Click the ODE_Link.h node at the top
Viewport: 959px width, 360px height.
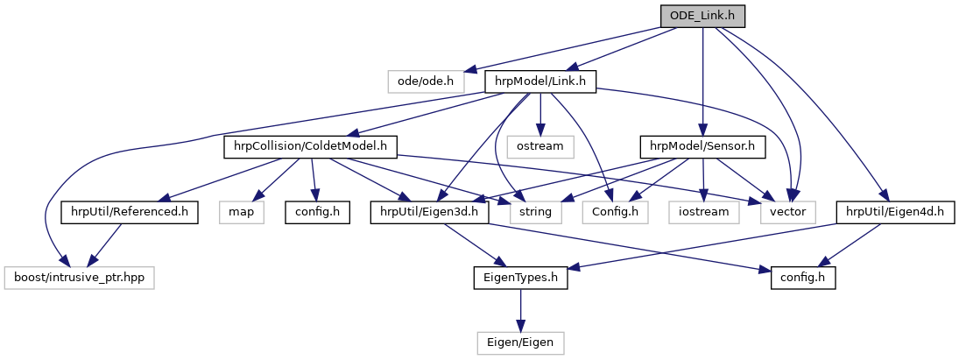[702, 16]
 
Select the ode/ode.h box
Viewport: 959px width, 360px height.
[426, 81]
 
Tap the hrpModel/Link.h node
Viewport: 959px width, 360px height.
[540, 81]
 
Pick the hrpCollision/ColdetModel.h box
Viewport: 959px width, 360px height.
[310, 146]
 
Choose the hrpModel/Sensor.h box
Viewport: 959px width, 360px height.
[703, 146]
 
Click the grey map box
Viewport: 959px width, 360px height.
[247, 212]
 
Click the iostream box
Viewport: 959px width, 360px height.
[703, 212]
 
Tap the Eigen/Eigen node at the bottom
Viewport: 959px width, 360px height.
[520, 342]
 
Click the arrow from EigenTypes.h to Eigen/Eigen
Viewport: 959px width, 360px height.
[520, 309]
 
